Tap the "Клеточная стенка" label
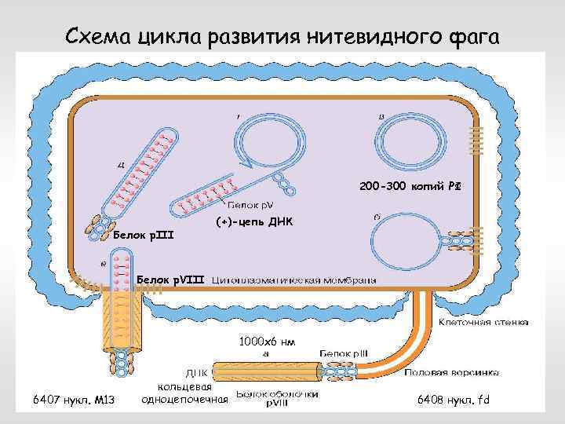pyautogui.click(x=482, y=322)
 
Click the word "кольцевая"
pyautogui.click(x=184, y=386)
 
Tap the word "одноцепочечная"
pyautogui.click(x=184, y=400)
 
